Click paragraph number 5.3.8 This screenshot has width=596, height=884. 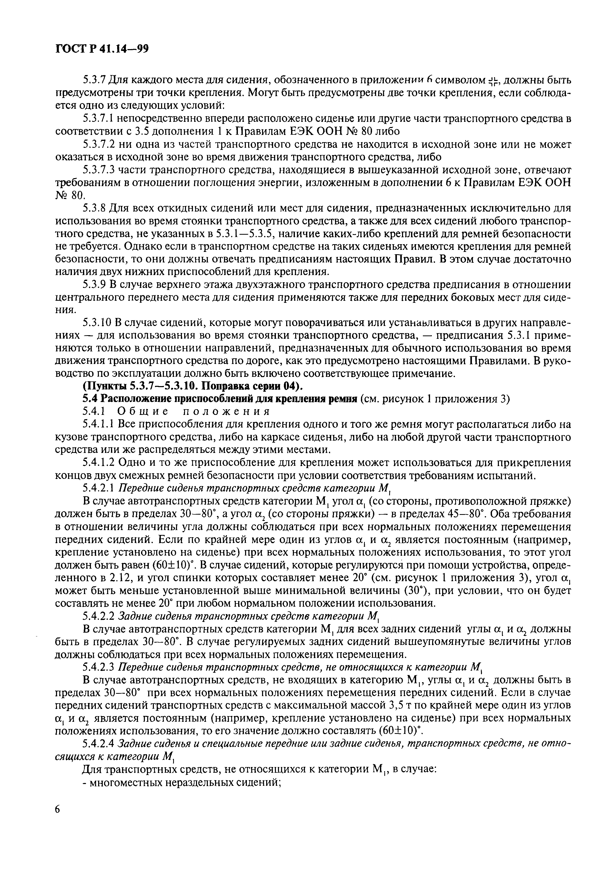click(x=94, y=208)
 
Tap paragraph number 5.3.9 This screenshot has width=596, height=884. click(x=94, y=285)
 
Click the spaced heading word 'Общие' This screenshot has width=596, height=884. click(x=144, y=412)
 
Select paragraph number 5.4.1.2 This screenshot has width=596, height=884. click(x=98, y=463)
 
